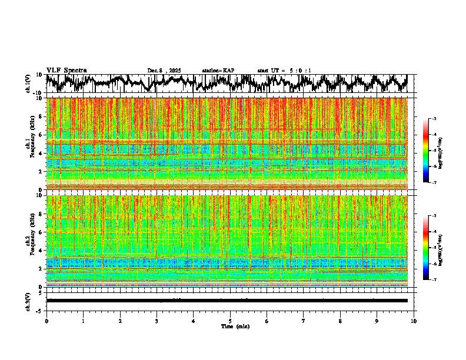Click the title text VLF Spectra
[66, 70]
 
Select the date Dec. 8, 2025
[164, 71]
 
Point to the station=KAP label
[218, 71]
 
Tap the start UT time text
[284, 71]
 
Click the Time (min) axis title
[230, 326]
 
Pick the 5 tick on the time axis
[230, 321]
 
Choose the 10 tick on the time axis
[414, 321]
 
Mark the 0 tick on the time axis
[46, 321]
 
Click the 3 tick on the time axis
[157, 321]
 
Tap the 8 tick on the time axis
[340, 321]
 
